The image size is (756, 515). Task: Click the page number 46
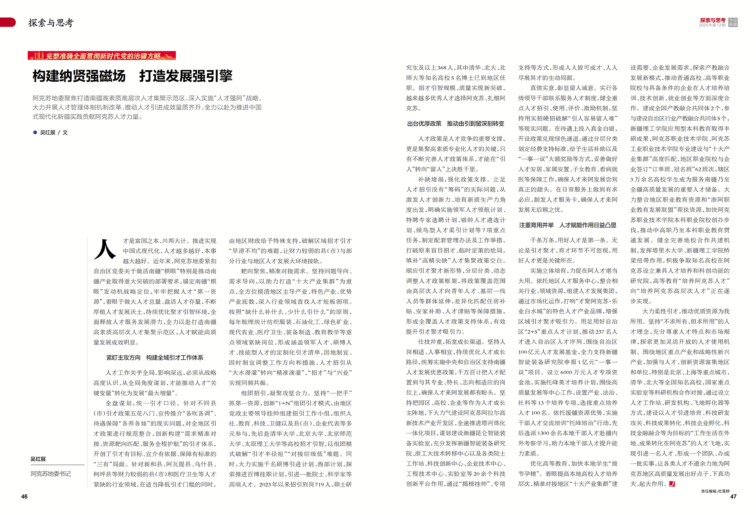coord(24,496)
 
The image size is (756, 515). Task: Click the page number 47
coord(733,496)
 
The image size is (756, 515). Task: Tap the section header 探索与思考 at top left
coord(51,23)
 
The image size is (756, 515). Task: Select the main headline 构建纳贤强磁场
coord(79,76)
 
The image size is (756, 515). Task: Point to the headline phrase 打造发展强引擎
coord(186,76)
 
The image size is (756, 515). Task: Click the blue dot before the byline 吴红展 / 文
coord(35,132)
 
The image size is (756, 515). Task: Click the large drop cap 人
coord(105,249)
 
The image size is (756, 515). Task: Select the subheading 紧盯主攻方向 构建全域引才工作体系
coord(155,357)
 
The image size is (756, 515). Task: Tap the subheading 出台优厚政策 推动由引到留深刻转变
coord(456,124)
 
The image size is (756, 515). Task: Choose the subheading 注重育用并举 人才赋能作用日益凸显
coord(567,225)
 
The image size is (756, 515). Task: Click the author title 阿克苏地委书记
coord(51,474)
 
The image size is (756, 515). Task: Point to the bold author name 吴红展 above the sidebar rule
coord(38,459)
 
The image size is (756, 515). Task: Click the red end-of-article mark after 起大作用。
coord(672,484)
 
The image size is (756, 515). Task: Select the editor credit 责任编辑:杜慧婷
coord(715,491)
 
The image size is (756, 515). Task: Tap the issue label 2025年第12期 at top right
coord(712,25)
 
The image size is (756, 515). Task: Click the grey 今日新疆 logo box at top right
coord(733,22)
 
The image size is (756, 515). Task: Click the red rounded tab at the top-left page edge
coord(7,22)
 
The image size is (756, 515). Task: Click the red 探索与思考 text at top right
coord(713,20)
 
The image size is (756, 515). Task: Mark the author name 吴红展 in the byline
coord(48,132)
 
